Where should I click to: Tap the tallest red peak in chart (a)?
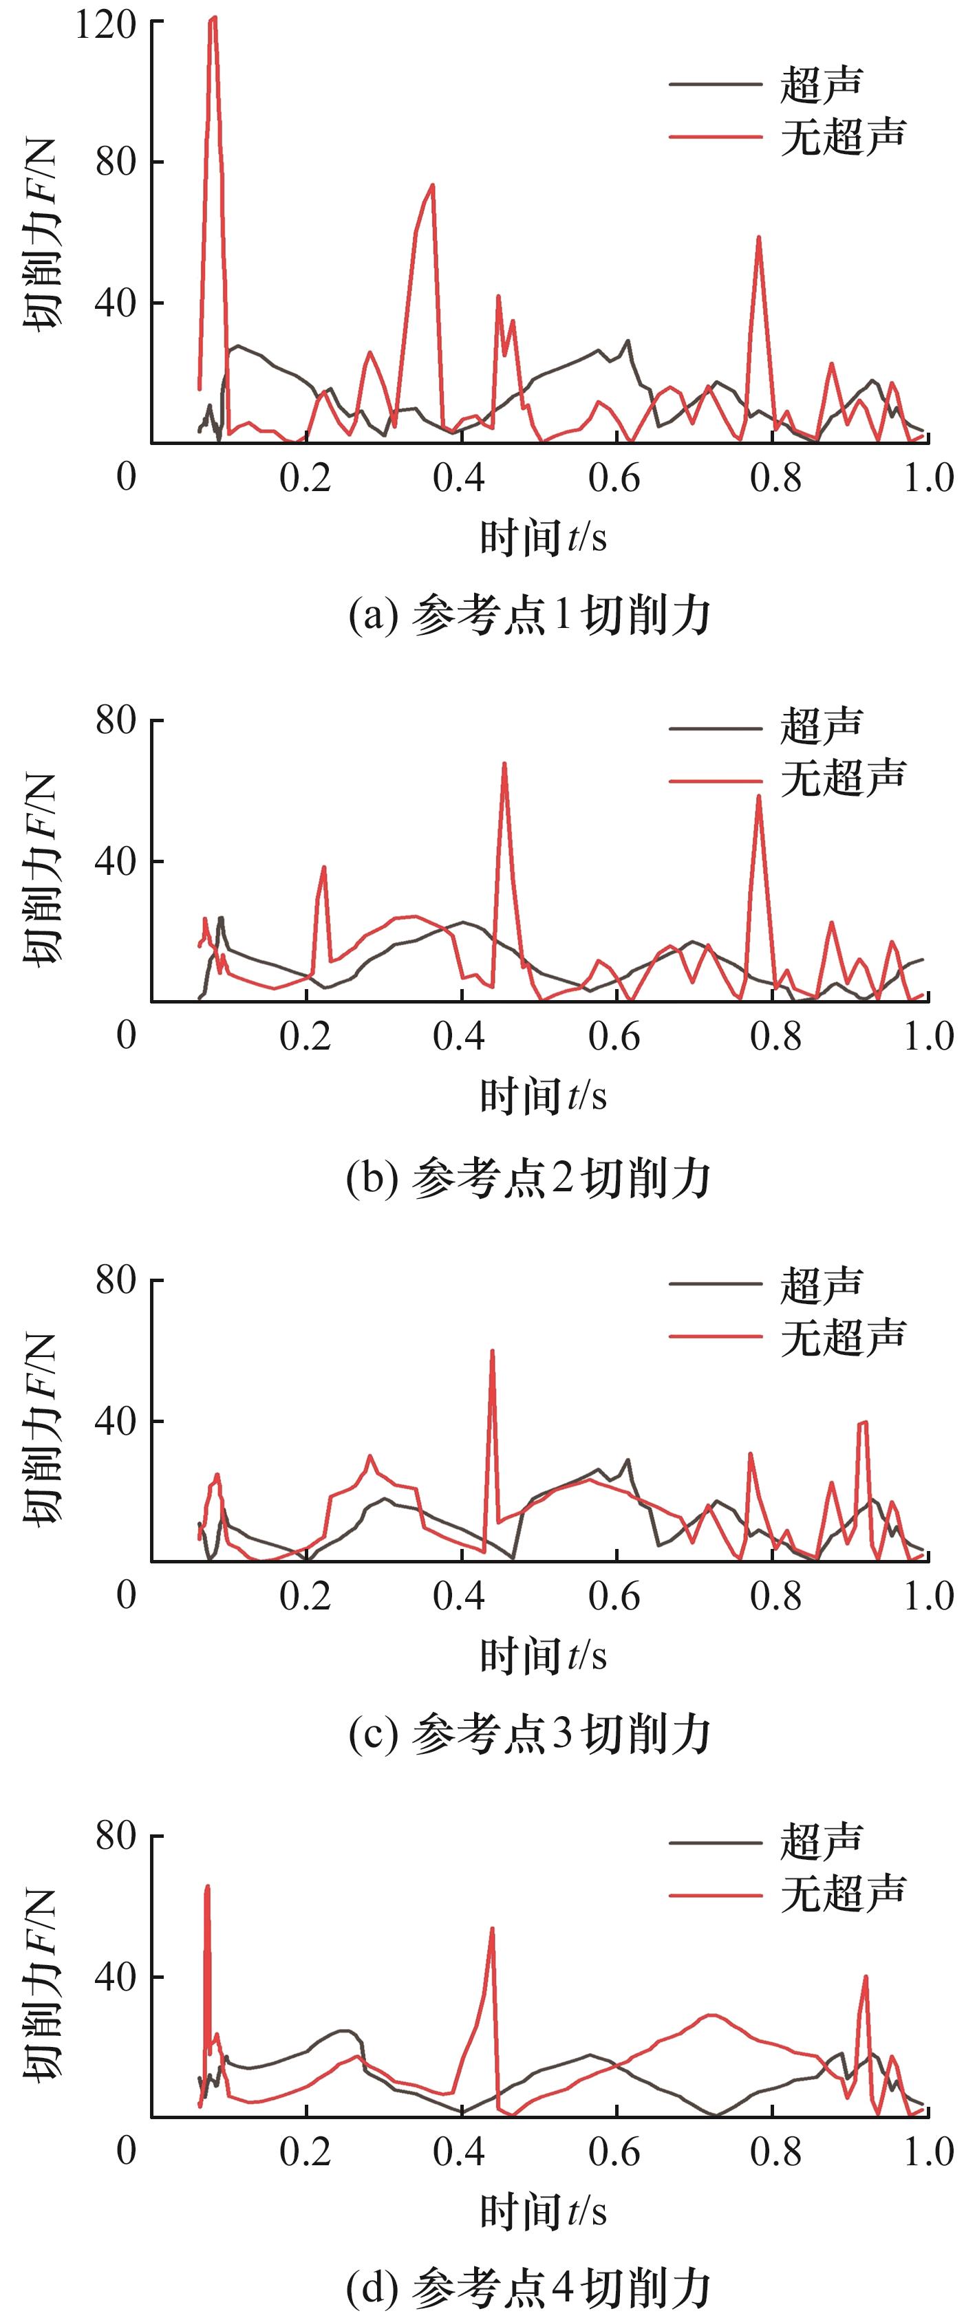213,19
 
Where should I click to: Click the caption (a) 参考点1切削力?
529,617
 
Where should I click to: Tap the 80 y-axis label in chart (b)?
116,721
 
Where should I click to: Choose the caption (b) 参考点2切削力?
529,1178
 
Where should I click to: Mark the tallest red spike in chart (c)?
492,1351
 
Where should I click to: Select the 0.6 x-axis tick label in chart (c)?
614,1595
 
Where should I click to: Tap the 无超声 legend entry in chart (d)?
842,1892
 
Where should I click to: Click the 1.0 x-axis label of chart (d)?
928,2151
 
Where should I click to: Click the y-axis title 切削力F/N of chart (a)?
41,234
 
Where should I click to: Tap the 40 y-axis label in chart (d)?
116,1976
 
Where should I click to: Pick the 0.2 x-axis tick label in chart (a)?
306,478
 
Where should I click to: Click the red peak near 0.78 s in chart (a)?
759,238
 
